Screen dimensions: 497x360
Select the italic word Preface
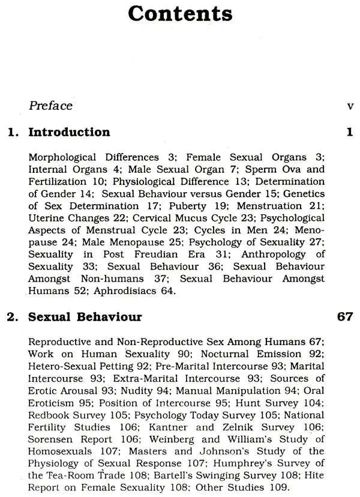coord(50,106)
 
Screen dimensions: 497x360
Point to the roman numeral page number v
coord(350,106)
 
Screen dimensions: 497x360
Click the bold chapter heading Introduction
coord(69,132)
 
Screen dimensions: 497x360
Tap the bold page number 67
coord(345,316)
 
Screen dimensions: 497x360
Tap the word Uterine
coord(45,218)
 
